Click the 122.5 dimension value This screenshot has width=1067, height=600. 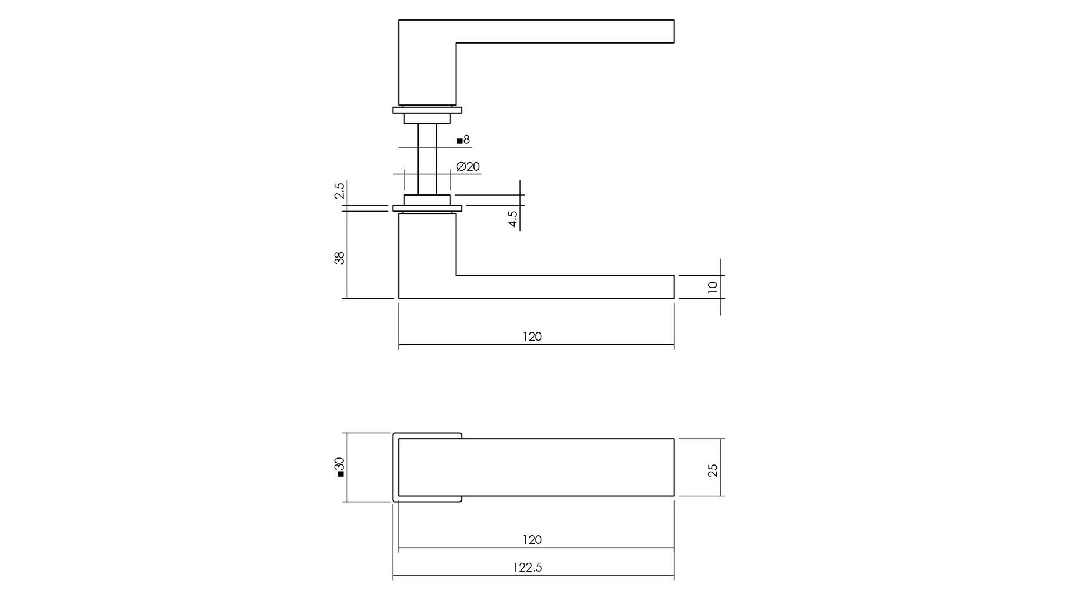pos(527,568)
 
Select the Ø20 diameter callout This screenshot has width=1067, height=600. pos(468,167)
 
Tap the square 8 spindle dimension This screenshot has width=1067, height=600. pos(463,140)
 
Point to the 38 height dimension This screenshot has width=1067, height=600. pos(339,258)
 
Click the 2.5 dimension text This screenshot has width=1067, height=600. pos(339,192)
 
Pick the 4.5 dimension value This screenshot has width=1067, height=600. pos(513,219)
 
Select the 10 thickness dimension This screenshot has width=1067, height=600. pos(713,287)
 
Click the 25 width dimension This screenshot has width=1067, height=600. pos(713,470)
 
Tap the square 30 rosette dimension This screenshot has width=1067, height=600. pos(339,467)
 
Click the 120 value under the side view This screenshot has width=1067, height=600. pos(532,337)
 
